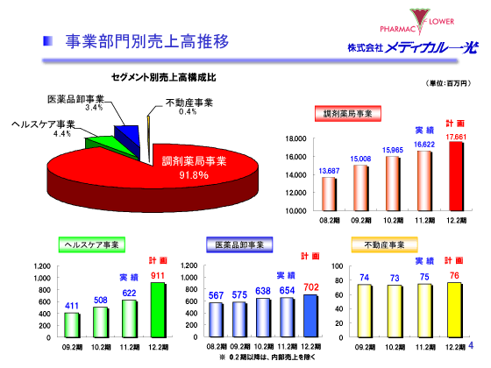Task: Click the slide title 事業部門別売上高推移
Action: coord(147,41)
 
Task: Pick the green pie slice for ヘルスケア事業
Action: coord(102,141)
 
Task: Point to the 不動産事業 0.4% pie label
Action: coord(188,107)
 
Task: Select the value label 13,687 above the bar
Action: coord(329,170)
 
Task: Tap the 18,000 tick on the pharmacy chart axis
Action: coord(295,138)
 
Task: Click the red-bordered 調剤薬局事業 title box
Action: coord(347,114)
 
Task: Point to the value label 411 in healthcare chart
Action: coord(73,306)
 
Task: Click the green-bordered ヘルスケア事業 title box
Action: coord(90,244)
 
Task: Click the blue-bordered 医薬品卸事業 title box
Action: coord(241,244)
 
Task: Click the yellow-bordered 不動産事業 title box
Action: coord(382,244)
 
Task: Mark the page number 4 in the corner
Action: coord(481,355)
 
